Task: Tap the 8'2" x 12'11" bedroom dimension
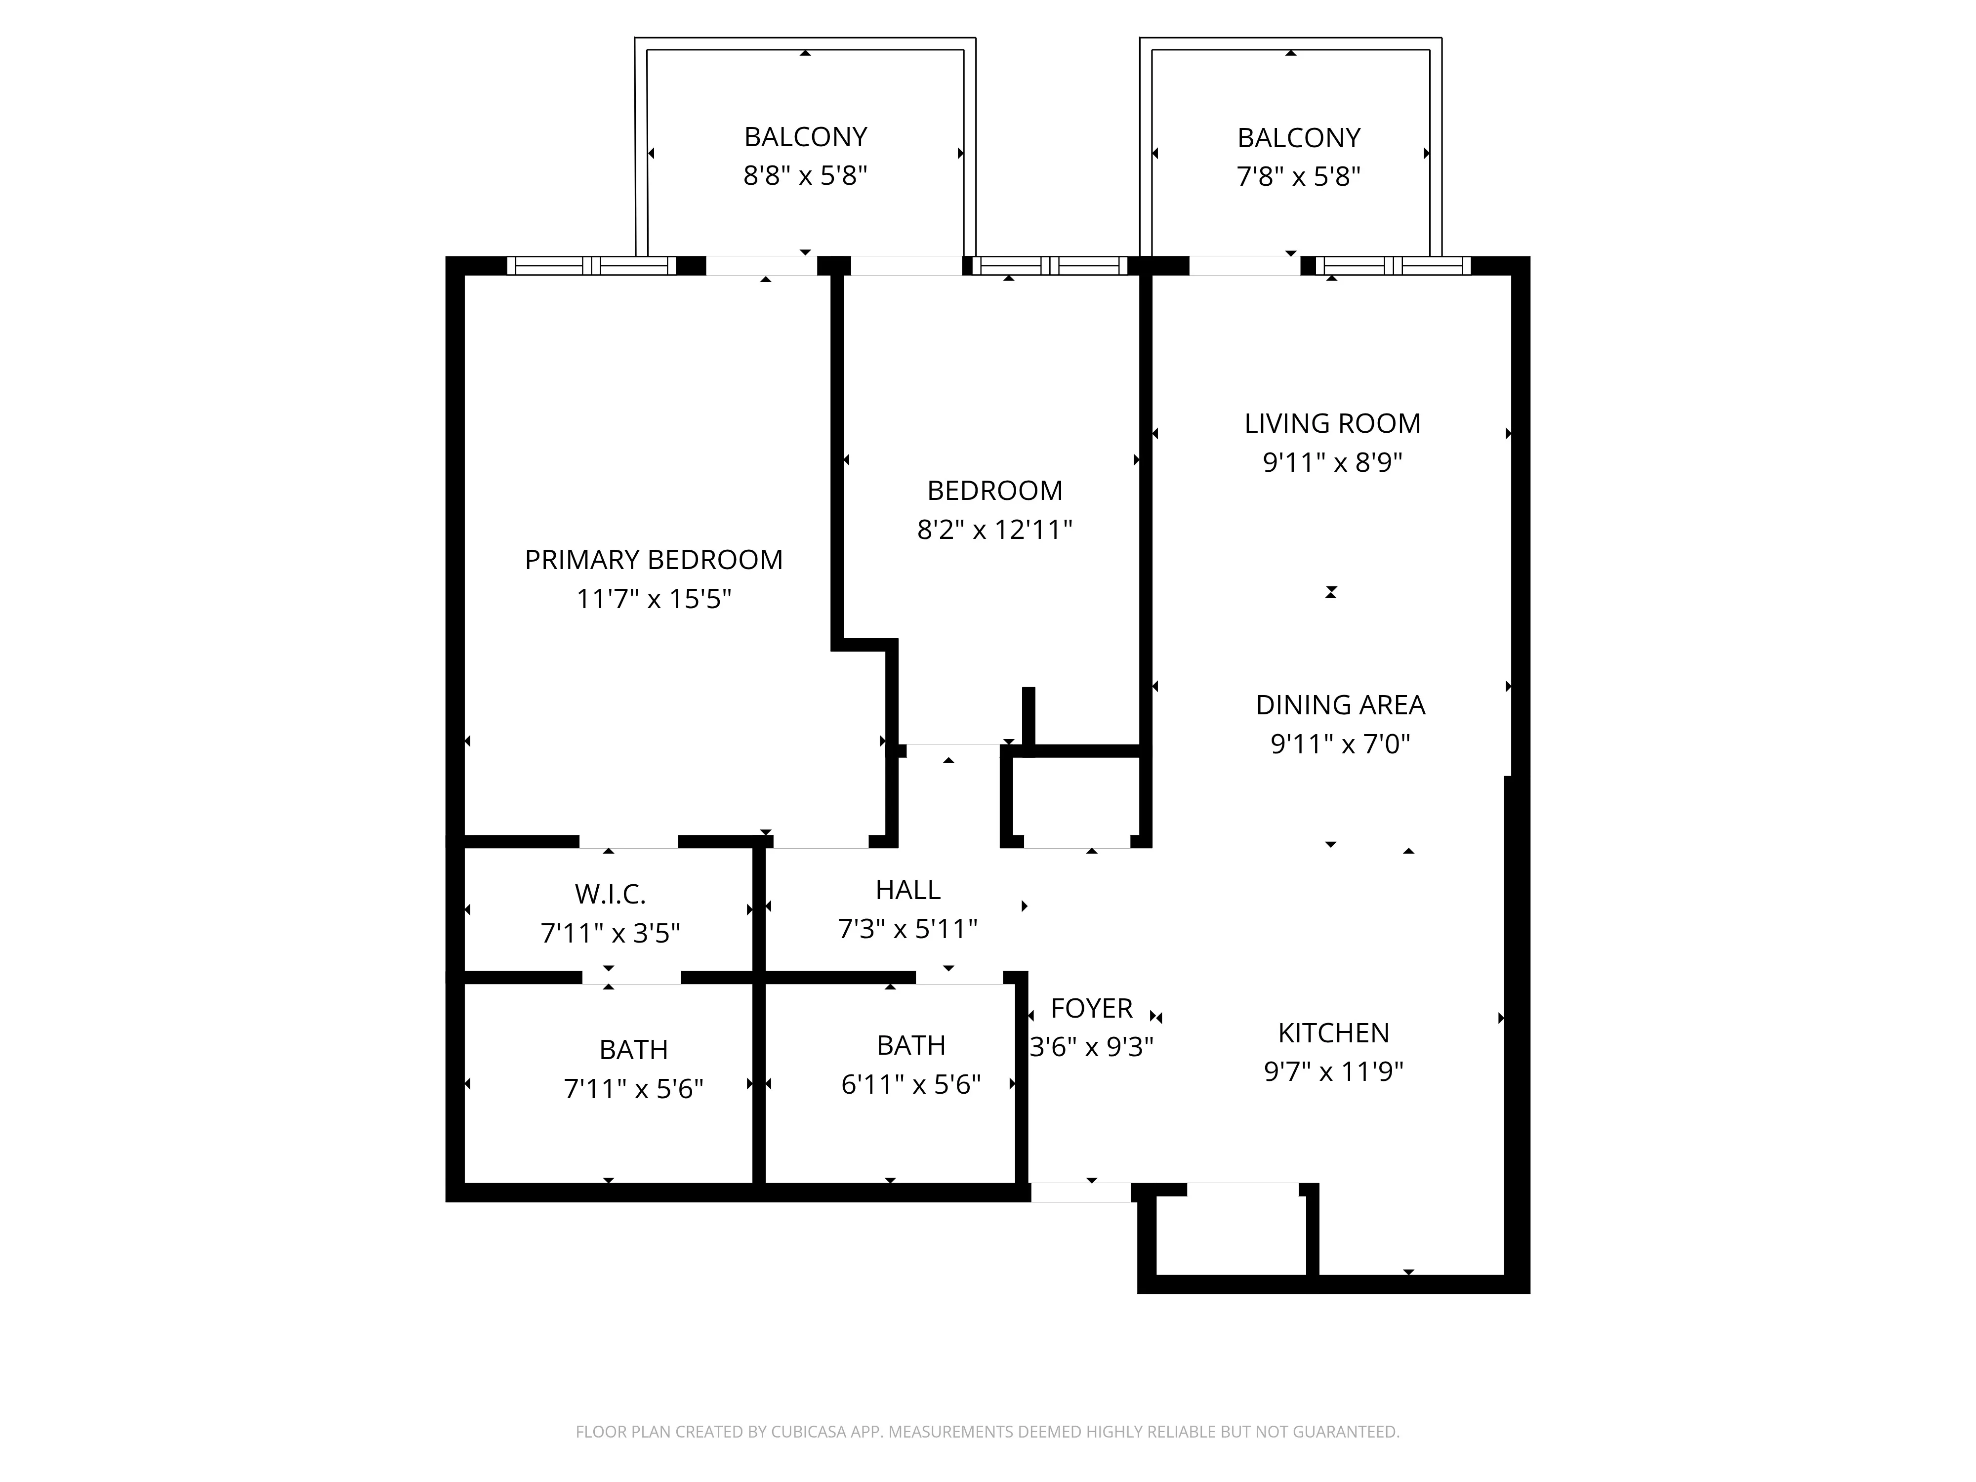coord(994,530)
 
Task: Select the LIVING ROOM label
coord(1332,423)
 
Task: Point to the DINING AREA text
coord(1340,705)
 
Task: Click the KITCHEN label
coord(1333,1032)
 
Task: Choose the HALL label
coord(907,890)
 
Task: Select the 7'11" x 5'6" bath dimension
coord(633,1089)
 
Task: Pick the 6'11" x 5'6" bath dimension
coord(910,1084)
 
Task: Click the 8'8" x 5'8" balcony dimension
coord(805,176)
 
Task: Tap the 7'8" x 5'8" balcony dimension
coord(1298,177)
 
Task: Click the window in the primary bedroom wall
coord(591,265)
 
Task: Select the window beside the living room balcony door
coord(1393,265)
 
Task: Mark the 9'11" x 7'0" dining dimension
coord(1340,743)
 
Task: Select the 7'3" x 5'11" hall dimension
coord(907,929)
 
